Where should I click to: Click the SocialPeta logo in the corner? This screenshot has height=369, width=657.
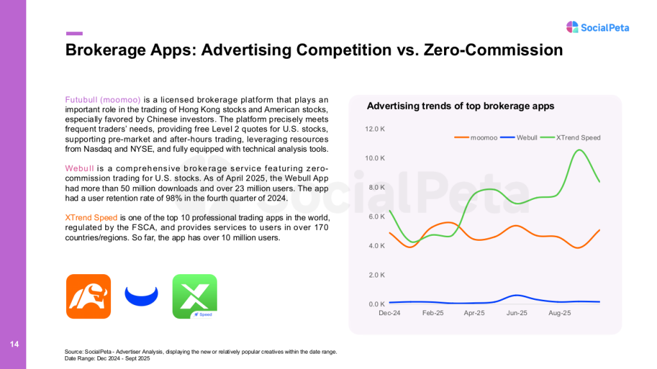pos(597,27)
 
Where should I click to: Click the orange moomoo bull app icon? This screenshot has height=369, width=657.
pos(89,296)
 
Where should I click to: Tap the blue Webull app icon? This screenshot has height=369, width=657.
pos(141,296)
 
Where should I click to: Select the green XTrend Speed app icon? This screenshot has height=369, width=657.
pos(194,296)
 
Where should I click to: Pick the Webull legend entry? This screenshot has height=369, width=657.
pos(518,138)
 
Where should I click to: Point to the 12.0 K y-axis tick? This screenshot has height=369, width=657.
pos(375,129)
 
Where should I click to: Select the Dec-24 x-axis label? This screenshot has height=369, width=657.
pos(389,313)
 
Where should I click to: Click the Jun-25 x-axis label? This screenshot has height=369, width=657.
pos(516,313)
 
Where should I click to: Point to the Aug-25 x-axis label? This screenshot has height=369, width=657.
pos(559,313)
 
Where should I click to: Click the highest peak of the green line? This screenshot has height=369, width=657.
pos(579,150)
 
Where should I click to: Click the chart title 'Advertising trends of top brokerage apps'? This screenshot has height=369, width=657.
pos(460,106)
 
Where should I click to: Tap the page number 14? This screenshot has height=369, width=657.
pos(13,345)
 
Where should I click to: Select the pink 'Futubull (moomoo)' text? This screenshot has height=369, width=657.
pos(103,99)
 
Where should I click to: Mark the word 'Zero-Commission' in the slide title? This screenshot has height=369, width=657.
pos(493,50)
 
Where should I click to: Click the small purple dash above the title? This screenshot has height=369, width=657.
pos(74,33)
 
